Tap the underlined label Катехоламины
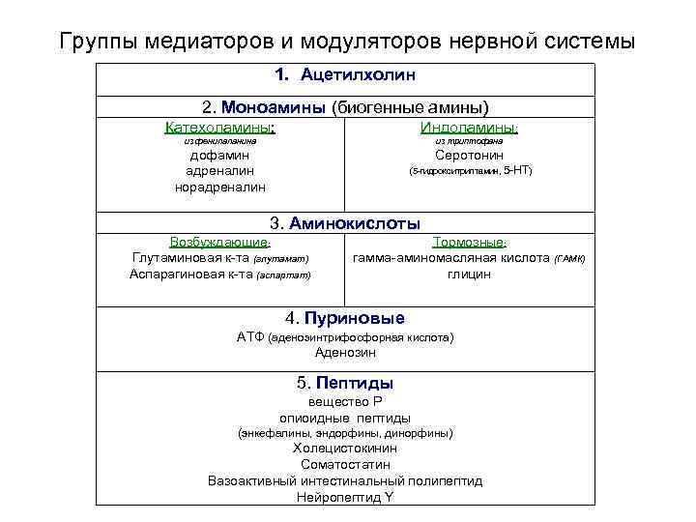[x=219, y=127]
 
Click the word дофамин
[x=219, y=155]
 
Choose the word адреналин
[x=219, y=171]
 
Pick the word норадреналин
[x=219, y=188]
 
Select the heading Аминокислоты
[x=358, y=222]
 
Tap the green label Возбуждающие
[x=219, y=242]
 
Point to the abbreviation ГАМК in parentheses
[x=570, y=259]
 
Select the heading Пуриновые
[x=357, y=318]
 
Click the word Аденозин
[x=345, y=354]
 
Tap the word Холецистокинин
[x=345, y=449]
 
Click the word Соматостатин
[x=345, y=465]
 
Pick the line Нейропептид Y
[x=345, y=498]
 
